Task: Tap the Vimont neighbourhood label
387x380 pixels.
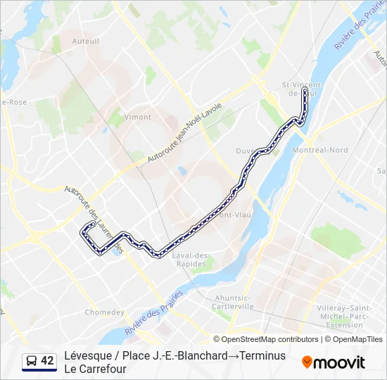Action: [x=137, y=117]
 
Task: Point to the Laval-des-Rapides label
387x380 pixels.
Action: [x=193, y=259]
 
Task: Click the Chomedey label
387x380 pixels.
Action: [x=104, y=312]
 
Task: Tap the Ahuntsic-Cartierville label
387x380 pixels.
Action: [x=233, y=302]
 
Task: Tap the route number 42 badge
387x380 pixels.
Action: [x=47, y=361]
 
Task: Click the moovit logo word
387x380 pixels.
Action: [x=339, y=362]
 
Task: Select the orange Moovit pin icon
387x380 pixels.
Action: [x=307, y=362]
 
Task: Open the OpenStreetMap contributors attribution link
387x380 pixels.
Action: [x=269, y=339]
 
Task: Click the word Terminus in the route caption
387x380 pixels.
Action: [x=262, y=355]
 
